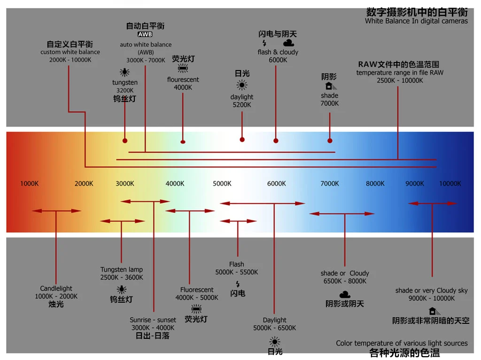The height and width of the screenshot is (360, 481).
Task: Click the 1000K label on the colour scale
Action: point(30,184)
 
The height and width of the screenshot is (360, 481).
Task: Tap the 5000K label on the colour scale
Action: point(222,184)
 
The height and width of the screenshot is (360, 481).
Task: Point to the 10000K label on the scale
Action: point(450,184)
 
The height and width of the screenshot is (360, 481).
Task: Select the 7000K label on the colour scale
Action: point(330,184)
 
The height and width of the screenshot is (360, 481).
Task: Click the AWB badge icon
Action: point(145,34)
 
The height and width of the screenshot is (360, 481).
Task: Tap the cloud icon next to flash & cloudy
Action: point(288,43)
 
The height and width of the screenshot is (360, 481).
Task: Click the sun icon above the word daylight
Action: point(242,85)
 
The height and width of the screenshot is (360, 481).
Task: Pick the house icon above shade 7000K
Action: point(330,86)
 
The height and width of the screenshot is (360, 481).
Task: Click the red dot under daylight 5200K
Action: point(242,140)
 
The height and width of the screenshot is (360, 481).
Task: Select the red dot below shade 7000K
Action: point(330,141)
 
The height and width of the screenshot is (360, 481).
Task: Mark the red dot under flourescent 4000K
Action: point(183,142)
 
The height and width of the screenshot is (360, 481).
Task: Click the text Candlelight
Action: point(56,289)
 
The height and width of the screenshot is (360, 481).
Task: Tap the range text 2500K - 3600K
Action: point(122,277)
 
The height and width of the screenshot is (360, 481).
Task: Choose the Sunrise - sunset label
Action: point(153,320)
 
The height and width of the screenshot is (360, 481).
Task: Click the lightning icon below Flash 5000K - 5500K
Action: point(238,284)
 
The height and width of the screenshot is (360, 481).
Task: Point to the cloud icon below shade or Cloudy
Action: point(345,295)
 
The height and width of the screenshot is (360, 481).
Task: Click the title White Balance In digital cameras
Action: point(416,21)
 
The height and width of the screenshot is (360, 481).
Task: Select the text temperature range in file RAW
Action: point(400,73)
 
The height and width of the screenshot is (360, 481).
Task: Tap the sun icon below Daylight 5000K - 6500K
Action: point(274,342)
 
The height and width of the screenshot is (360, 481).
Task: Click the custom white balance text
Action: point(70,52)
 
